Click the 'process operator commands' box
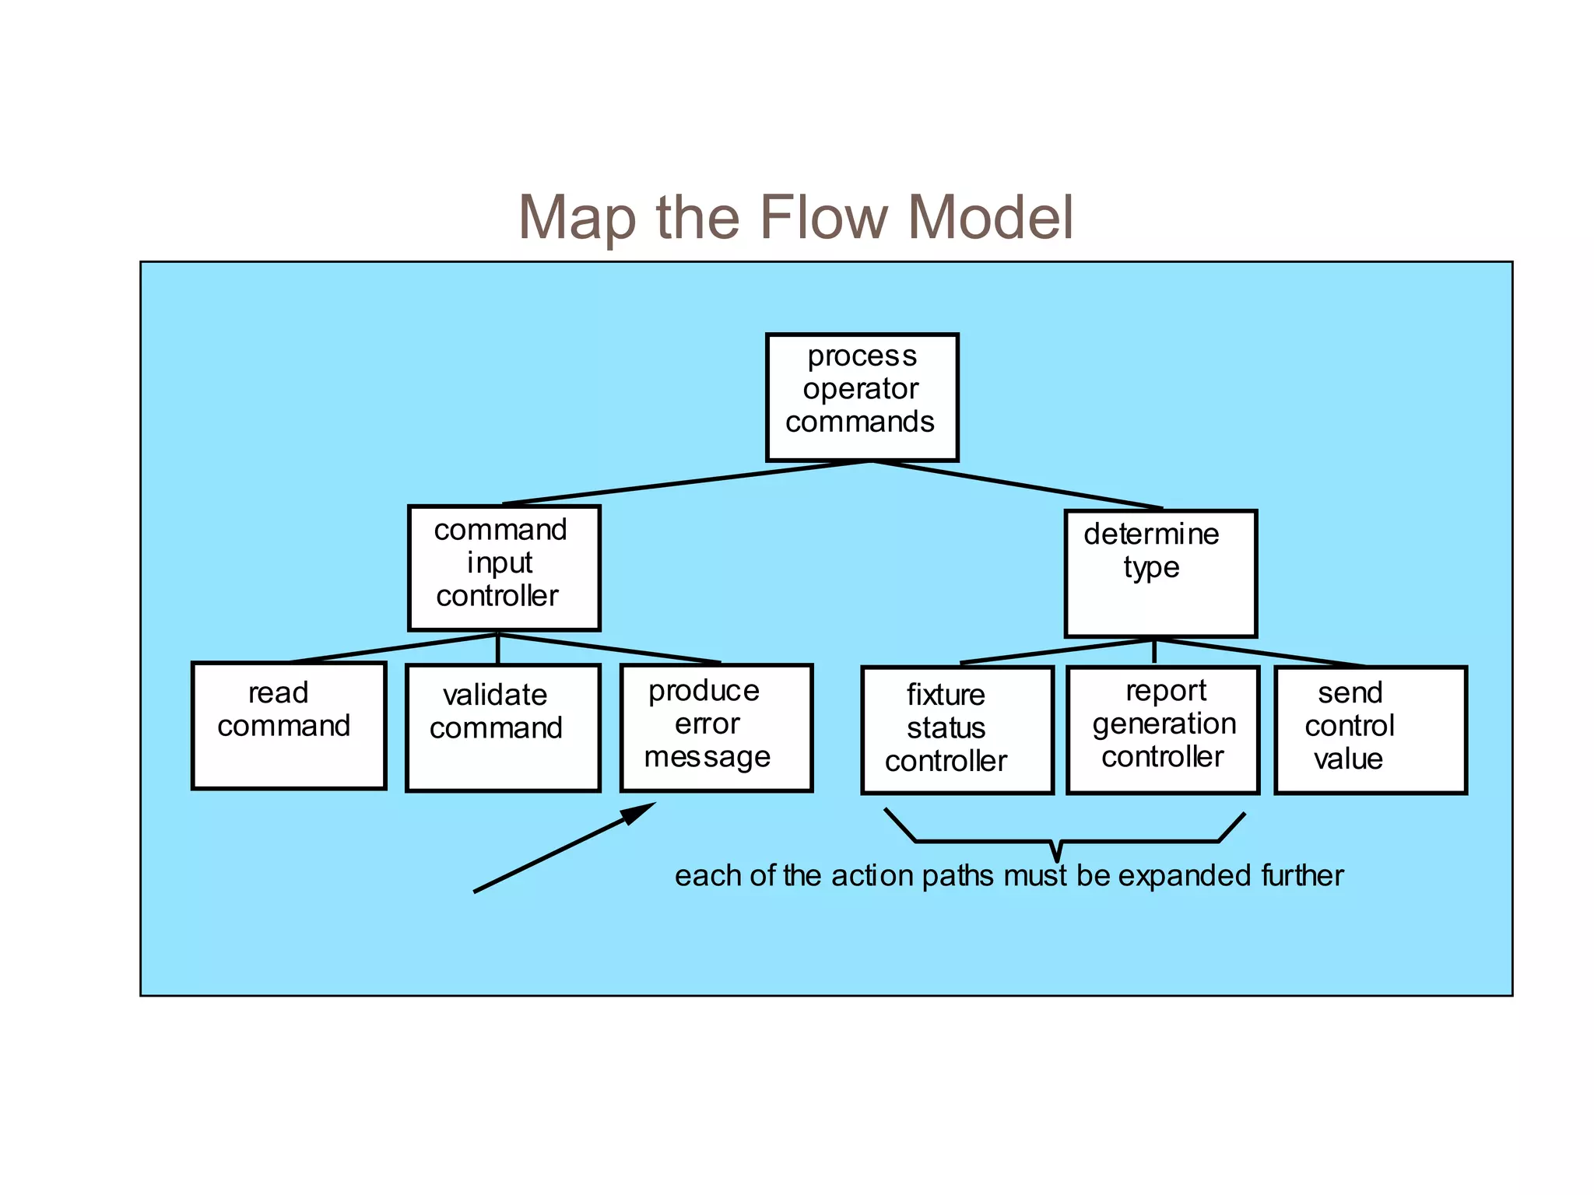862,398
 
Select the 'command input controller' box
504,568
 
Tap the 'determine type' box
1160,573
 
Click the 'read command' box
289,725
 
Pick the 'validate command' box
503,727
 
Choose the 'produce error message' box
716,727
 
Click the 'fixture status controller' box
957,730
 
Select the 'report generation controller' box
1162,730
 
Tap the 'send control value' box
1370,730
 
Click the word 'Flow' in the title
823,217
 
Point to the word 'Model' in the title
990,217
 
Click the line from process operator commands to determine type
1016,485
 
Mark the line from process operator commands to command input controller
685,483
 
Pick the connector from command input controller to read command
393,648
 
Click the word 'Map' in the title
581,217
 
